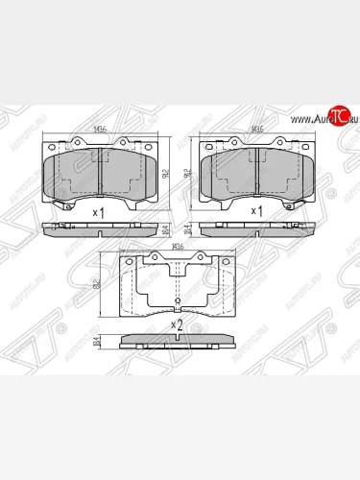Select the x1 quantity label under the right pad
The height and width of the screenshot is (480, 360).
[x=255, y=210]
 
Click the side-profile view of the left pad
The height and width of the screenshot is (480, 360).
[x=99, y=228]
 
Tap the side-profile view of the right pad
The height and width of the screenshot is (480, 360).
[x=256, y=228]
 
